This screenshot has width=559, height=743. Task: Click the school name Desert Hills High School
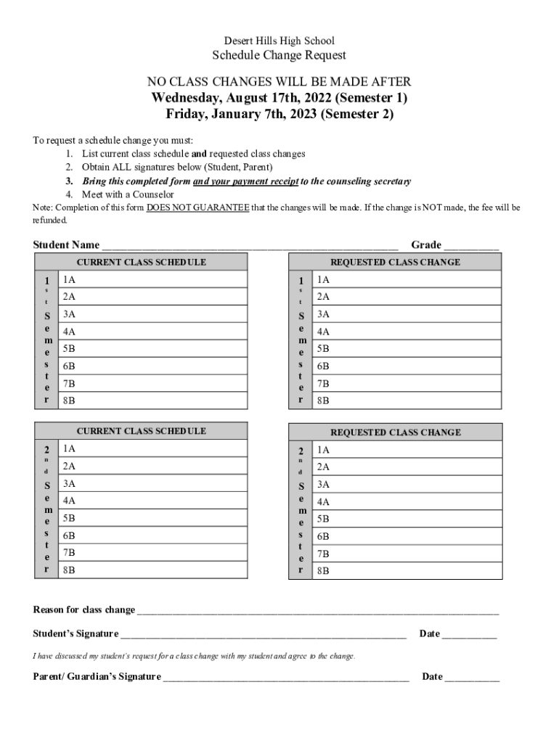point(279,41)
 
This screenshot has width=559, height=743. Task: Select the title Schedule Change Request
point(279,56)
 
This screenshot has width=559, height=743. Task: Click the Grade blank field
point(471,245)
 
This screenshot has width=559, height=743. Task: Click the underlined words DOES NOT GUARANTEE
point(197,208)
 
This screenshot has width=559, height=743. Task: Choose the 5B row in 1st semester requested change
point(407,349)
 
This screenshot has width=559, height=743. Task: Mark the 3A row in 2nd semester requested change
point(407,485)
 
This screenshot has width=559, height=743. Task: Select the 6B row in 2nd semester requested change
point(407,537)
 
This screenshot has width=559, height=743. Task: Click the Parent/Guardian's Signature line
point(286,677)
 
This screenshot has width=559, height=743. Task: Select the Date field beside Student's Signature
point(469,634)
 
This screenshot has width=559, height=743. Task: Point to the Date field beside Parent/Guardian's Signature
point(472,677)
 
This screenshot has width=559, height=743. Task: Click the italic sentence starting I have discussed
point(195,656)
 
